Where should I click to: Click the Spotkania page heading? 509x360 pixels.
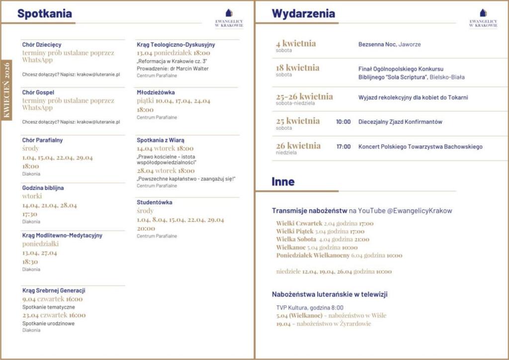(x=44, y=14)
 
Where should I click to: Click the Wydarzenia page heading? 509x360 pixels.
(x=303, y=14)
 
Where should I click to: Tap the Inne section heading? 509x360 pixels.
(x=283, y=182)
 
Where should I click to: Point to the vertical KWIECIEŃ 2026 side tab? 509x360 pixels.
(x=7, y=90)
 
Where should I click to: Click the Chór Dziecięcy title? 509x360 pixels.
(x=42, y=45)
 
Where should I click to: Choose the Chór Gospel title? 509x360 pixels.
(x=38, y=92)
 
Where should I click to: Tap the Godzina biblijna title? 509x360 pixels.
(x=43, y=188)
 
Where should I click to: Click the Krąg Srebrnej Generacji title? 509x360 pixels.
(x=54, y=290)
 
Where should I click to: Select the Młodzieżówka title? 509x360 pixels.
(x=156, y=92)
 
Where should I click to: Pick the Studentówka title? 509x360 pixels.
(x=154, y=202)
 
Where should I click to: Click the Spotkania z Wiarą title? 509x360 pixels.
(x=160, y=140)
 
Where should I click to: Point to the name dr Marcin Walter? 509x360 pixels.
(x=192, y=69)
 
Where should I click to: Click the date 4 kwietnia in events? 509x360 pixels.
(x=296, y=44)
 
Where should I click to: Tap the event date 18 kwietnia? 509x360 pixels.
(x=297, y=68)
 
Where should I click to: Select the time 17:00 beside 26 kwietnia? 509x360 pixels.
(x=343, y=147)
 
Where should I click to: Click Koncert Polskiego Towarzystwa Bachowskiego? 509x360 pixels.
(x=420, y=147)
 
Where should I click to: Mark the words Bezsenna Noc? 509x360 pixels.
(x=377, y=45)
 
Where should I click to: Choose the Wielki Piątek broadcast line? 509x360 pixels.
(x=320, y=231)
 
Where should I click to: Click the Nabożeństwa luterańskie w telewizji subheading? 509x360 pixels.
(x=330, y=294)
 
